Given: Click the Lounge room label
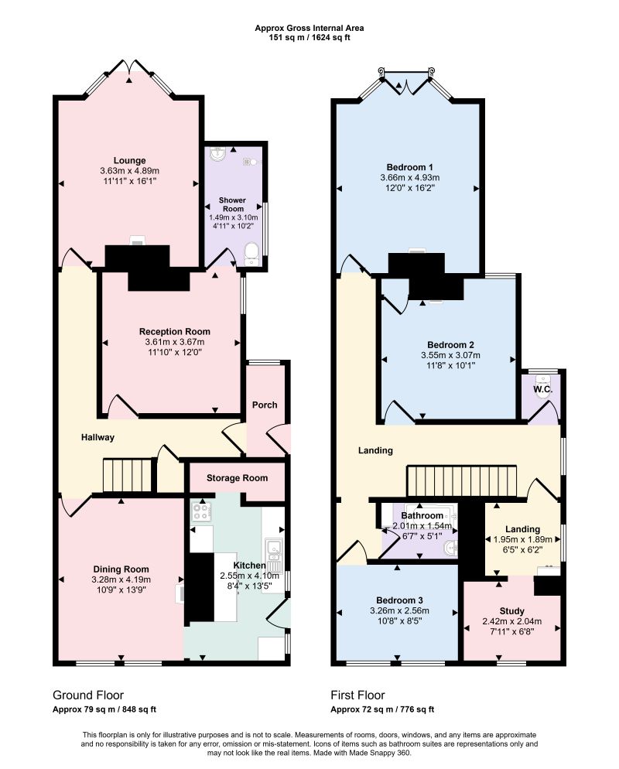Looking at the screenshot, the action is [129, 160].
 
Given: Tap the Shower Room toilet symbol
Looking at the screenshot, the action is [251, 254].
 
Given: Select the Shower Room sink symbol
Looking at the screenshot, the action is [217, 155].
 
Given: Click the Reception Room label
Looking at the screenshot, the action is [175, 332].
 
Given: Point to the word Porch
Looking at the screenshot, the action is [265, 405].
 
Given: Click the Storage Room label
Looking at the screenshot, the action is [237, 477].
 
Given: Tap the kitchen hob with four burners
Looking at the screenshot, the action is [201, 512].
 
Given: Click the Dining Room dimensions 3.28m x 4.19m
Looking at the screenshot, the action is [121, 579].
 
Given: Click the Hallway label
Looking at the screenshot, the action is [97, 437].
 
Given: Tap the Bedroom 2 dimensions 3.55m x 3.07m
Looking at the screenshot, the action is [450, 355].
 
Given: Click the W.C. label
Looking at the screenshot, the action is [543, 389].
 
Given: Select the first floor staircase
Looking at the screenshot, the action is [462, 481].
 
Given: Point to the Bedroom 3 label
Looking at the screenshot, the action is [399, 600].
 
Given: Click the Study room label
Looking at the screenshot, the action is [512, 611].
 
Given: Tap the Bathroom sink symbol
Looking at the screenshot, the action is [451, 548].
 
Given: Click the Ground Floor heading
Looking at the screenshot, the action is [88, 695].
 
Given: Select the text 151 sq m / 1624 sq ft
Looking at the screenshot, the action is [309, 37].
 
